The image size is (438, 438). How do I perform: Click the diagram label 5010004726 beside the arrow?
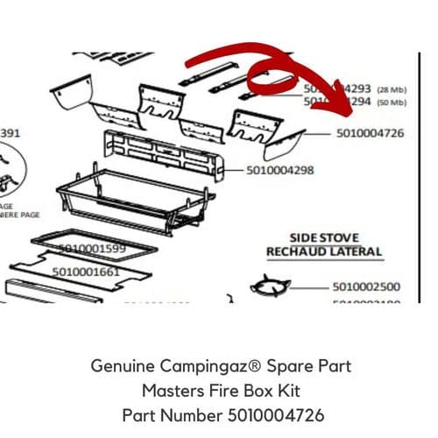370,134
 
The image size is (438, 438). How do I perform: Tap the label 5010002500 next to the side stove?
367,286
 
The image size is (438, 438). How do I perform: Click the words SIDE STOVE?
324,237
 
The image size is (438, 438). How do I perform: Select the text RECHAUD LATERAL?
324,252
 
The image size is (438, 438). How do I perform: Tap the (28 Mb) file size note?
391,89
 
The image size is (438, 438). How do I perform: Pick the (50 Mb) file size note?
391,102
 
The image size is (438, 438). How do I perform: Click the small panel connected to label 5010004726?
287,138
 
